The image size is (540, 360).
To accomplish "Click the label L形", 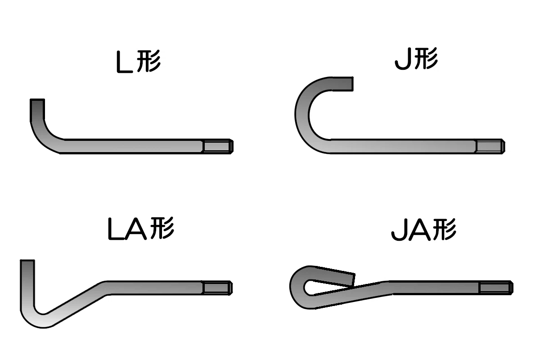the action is click(139, 62).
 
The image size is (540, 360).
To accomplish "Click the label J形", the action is click(416, 58).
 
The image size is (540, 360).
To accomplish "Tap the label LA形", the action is click(141, 228).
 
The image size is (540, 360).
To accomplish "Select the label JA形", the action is click(423, 229).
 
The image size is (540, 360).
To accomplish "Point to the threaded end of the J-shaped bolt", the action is click(490, 146).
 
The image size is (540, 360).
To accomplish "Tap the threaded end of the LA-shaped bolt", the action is click(217, 288).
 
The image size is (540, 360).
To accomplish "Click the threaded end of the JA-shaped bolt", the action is click(496, 288).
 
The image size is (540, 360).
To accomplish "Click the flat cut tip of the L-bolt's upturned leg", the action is click(37, 99).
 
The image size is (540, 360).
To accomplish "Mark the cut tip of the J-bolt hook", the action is click(353, 84).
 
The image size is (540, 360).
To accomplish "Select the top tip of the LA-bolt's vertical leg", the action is click(27, 261).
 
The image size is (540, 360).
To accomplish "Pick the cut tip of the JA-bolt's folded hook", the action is click(354, 280).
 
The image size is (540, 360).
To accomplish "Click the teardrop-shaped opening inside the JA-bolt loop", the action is click(318, 287).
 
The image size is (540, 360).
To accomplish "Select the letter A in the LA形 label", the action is click(137, 229).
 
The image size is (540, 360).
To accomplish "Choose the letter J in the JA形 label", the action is click(399, 230).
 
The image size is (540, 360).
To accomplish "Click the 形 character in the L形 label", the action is click(149, 61).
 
